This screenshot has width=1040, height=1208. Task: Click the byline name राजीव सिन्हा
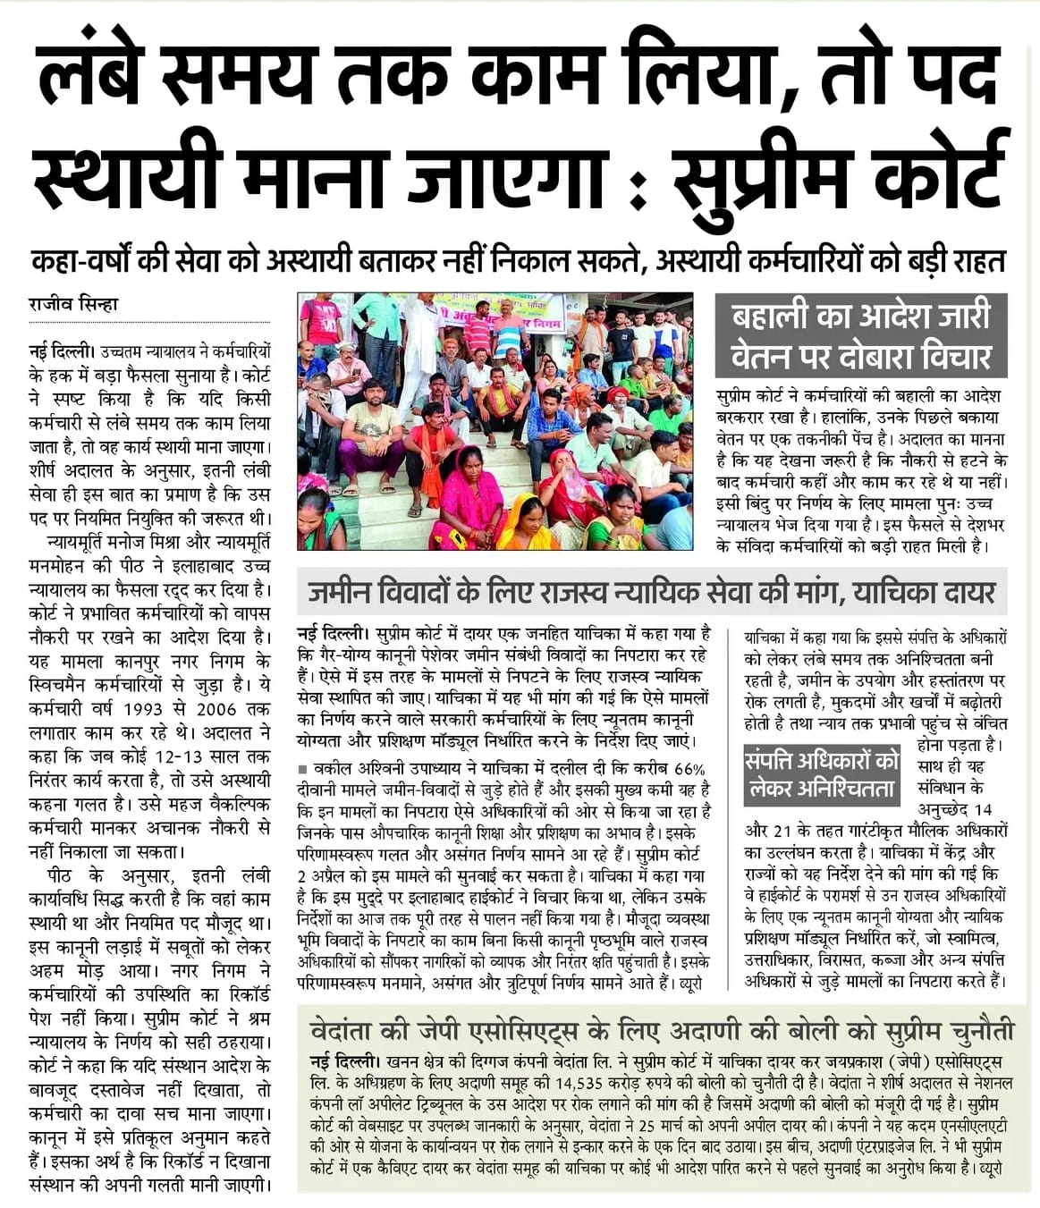[73, 304]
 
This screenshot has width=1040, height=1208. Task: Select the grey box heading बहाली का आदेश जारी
[860, 317]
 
